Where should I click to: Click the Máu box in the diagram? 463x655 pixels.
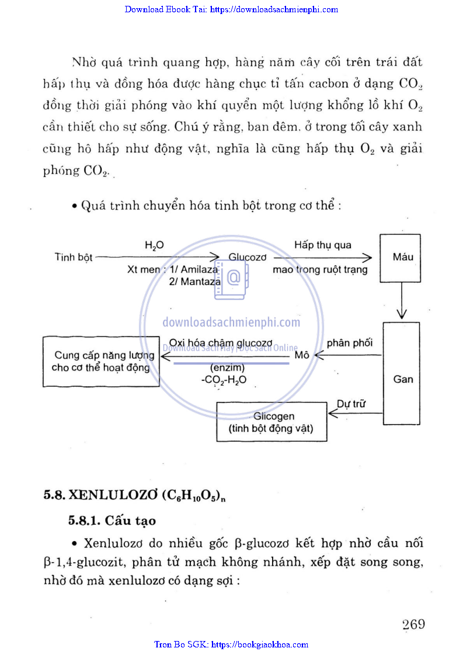pos(403,257)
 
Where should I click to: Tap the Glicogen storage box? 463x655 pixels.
pos(271,422)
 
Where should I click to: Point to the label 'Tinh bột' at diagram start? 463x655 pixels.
pos(74,257)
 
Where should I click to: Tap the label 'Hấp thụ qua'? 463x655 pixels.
pos(323,245)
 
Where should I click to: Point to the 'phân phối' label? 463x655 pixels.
pos(350,343)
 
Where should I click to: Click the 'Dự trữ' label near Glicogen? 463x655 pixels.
pos(351,404)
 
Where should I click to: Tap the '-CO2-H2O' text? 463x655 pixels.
pos(224,380)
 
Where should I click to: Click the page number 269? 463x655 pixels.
pos(413,624)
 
